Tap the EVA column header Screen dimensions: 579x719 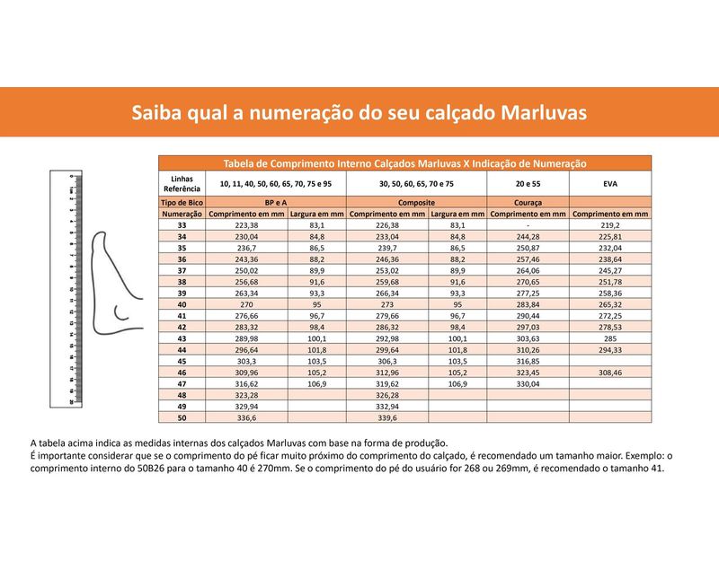coord(610,183)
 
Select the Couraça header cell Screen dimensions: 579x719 coord(528,204)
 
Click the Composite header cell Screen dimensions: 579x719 coord(416,204)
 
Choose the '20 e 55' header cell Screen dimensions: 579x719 coord(528,183)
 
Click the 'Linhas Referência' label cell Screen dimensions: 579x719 coord(182,183)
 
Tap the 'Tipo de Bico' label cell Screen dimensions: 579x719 coord(182,204)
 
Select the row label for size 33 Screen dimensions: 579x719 coord(182,225)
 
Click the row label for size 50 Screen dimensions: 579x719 coord(182,417)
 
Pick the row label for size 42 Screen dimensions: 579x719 coord(182,327)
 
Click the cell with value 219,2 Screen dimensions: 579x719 coord(610,225)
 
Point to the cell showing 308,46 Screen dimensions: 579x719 coord(610,372)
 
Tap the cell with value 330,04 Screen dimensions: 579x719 coord(528,383)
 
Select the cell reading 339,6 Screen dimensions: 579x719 coord(387,417)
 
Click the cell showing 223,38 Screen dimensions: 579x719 coord(222,225)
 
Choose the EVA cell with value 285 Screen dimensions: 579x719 coord(610,338)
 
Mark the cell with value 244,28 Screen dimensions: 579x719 coord(528,237)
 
